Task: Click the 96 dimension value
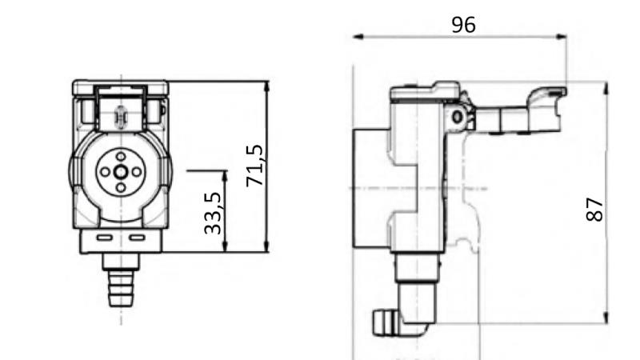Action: pos(463,25)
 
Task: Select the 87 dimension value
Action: pos(594,210)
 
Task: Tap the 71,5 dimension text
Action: pos(255,166)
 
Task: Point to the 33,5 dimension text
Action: pos(213,214)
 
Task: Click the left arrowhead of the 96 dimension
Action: pos(358,37)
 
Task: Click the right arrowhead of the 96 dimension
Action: pos(562,37)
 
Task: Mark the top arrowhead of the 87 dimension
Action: pos(606,88)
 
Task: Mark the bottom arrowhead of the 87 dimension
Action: pos(606,318)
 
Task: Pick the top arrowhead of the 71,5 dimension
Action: pos(266,86)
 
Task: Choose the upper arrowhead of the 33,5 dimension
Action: pos(225,176)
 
